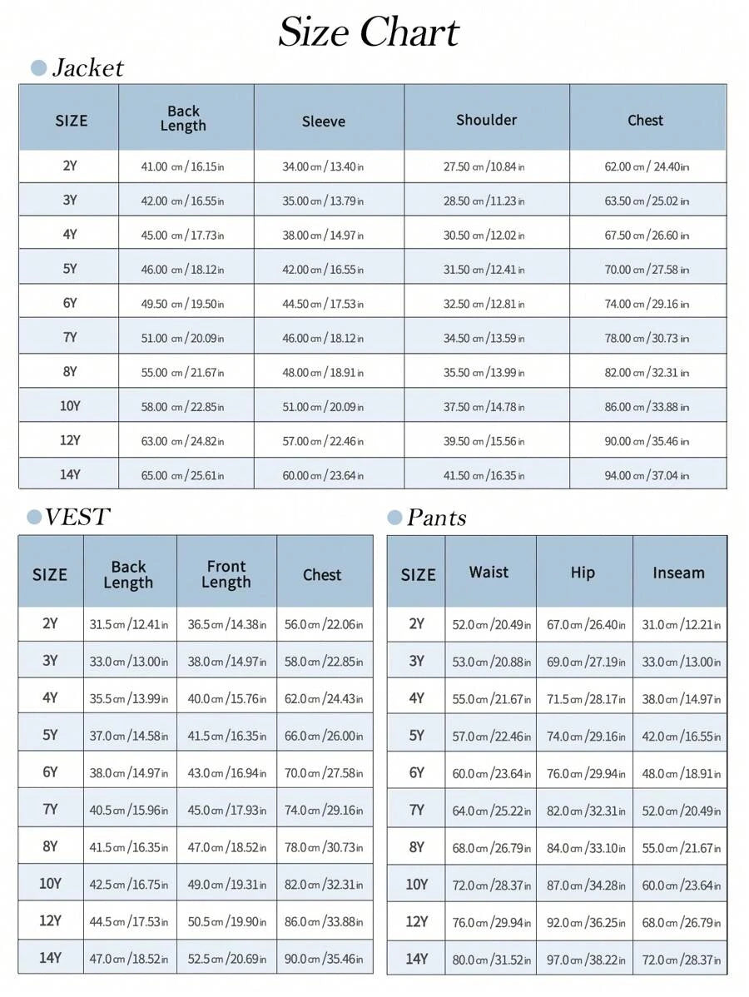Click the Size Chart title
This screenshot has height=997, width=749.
pyautogui.click(x=369, y=33)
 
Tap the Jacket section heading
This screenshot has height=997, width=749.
pyautogui.click(x=87, y=68)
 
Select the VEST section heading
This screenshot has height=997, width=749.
pyautogui.click(x=77, y=517)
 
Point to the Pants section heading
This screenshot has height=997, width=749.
pyautogui.click(x=435, y=518)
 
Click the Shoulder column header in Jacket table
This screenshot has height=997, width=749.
pyautogui.click(x=486, y=120)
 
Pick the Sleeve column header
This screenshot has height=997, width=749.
pyautogui.click(x=323, y=122)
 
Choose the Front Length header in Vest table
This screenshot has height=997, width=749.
pyautogui.click(x=226, y=574)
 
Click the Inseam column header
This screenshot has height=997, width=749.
pyautogui.click(x=678, y=573)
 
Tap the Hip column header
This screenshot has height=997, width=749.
pyautogui.click(x=583, y=573)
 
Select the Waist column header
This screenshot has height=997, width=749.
pyautogui.click(x=489, y=573)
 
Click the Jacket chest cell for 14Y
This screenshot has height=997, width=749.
pyautogui.click(x=647, y=476)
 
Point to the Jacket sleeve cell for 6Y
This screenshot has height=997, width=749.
pyautogui.click(x=323, y=305)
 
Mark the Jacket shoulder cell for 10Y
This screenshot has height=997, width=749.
pyautogui.click(x=484, y=407)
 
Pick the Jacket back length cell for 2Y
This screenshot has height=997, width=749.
pyautogui.click(x=182, y=167)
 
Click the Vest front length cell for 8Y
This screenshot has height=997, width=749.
pyautogui.click(x=226, y=848)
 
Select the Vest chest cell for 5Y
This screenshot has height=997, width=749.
pyautogui.click(x=324, y=737)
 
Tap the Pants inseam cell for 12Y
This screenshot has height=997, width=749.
pyautogui.click(x=681, y=922)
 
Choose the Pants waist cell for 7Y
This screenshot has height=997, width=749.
pyautogui.click(x=491, y=811)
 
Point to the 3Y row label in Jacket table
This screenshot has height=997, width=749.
pyautogui.click(x=70, y=201)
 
